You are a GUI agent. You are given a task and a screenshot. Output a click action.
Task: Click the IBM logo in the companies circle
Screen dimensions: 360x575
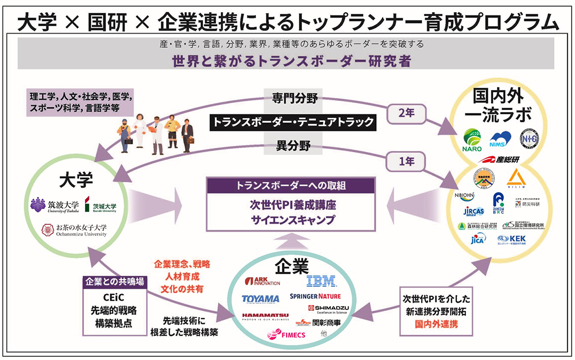click(321, 281)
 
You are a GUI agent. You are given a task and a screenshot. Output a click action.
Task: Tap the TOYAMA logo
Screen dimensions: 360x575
click(260, 298)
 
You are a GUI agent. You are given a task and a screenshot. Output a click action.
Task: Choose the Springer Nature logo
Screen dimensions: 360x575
click(315, 296)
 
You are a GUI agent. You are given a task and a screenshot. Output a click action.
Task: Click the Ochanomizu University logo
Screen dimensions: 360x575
click(74, 230)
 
